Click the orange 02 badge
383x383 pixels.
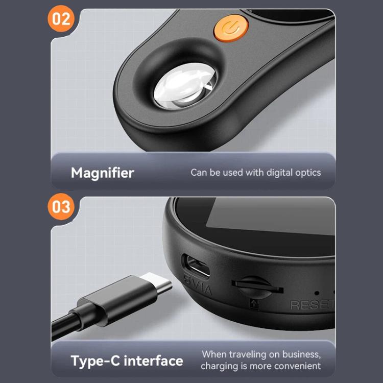[x=61, y=18]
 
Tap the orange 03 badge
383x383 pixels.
[x=61, y=207]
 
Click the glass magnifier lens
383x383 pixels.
[x=185, y=85]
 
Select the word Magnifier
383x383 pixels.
[x=103, y=173]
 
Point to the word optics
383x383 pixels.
[x=308, y=173]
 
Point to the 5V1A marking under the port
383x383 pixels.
[x=198, y=285]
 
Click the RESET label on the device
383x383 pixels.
[x=312, y=305]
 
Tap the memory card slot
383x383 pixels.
[x=257, y=287]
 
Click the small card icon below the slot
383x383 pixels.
[x=254, y=304]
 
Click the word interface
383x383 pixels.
[x=153, y=361]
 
